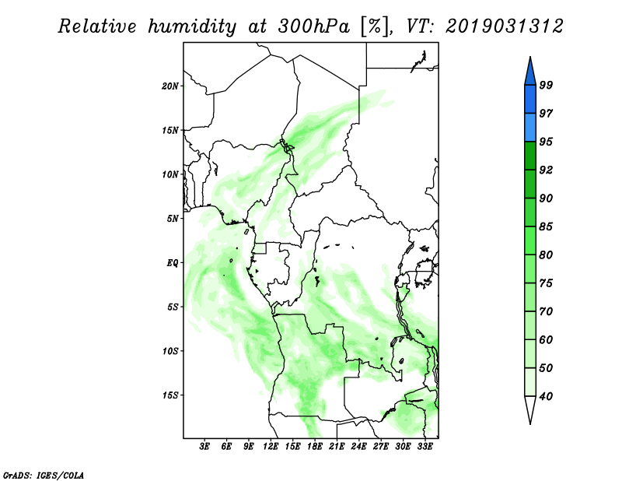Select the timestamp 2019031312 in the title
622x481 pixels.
tap(505, 26)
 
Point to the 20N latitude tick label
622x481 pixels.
tap(170, 86)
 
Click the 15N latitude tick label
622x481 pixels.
tap(170, 130)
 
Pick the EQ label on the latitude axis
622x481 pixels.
tap(173, 262)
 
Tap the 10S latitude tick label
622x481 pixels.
tap(170, 351)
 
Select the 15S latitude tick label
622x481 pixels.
tap(170, 395)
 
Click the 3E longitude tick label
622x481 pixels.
tap(205, 447)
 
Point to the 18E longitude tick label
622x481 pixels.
tap(315, 447)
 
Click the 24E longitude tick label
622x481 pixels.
tap(359, 447)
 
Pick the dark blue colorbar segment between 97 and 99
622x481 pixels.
tap(529, 99)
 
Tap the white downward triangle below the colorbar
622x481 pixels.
tap(529, 409)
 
